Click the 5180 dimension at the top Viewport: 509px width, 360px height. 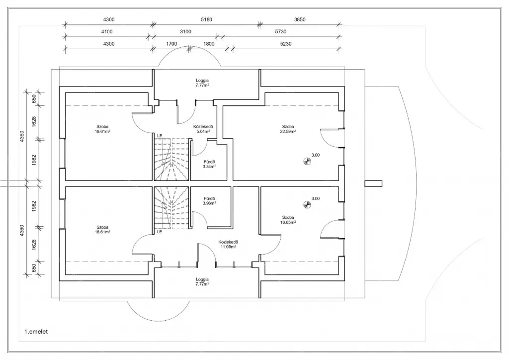pos(206,19)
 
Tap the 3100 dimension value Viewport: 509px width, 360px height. pos(185,32)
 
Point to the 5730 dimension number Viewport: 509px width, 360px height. pos(281,32)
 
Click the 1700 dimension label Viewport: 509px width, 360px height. pos(171,44)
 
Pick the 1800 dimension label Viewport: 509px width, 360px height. pos(209,44)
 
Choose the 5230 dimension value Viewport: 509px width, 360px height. pos(286,44)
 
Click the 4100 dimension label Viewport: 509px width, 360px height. pos(107,32)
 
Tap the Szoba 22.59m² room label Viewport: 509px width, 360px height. pos(289,129)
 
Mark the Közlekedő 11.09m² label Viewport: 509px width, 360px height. pos(228,244)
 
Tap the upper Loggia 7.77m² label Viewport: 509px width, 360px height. pos(202,83)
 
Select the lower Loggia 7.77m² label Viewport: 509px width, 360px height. pos(202,281)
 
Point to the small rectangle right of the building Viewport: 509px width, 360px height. pos(374,183)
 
